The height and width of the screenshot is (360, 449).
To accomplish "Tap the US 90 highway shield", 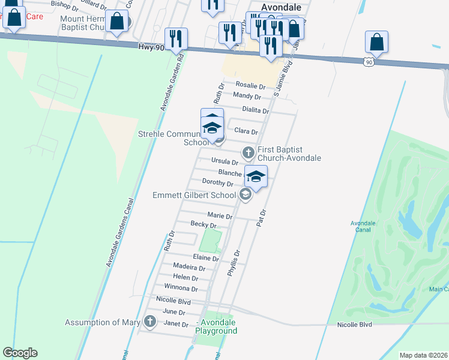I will tap(369, 62).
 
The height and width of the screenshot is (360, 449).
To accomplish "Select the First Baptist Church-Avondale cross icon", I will tap(248, 152).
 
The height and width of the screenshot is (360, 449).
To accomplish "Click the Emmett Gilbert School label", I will tap(194, 195).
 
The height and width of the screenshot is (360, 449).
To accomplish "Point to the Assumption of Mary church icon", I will tap(151, 323).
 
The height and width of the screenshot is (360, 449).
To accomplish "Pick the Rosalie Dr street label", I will tap(250, 86).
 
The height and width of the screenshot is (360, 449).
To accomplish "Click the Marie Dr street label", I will tap(220, 216).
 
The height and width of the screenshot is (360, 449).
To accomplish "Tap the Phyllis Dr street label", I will tap(234, 262).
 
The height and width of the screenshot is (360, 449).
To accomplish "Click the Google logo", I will tap(20, 353).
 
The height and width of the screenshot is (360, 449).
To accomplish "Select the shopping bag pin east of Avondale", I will tap(376, 43).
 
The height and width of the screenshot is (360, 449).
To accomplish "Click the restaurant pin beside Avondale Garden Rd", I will tap(176, 40).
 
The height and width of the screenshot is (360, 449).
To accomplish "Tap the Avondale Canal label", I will tap(363, 226).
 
